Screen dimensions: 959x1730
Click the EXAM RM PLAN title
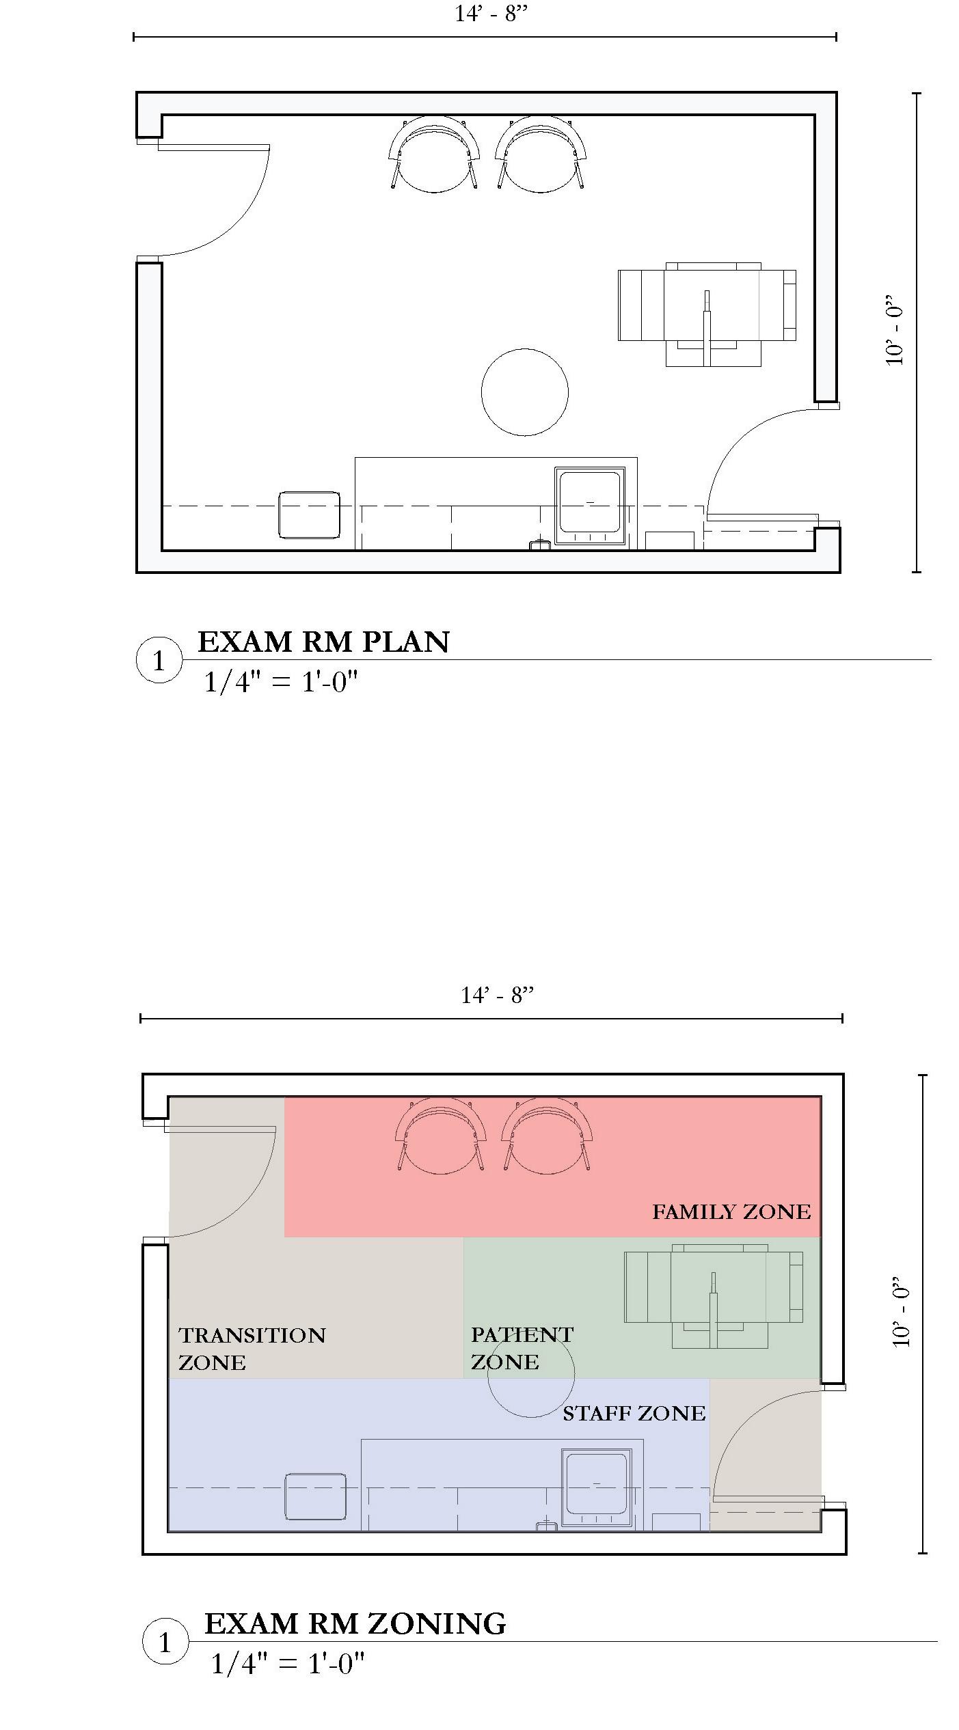point(323,642)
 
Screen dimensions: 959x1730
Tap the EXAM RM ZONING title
point(355,1624)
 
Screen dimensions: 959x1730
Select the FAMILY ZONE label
point(731,1212)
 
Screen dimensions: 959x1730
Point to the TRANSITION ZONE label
point(252,1349)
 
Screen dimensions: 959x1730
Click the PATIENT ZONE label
point(522,1347)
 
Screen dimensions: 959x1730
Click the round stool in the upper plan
point(525,392)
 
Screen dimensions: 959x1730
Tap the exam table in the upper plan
point(707,314)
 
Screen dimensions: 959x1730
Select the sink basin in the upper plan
point(591,506)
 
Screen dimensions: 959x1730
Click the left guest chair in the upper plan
point(434,154)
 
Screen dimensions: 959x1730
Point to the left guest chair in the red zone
point(441,1135)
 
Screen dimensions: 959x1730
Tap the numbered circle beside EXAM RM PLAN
point(159,660)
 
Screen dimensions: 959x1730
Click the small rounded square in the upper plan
point(309,514)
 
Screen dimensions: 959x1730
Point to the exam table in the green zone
point(714,1296)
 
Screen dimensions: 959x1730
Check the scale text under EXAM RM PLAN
point(282,682)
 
